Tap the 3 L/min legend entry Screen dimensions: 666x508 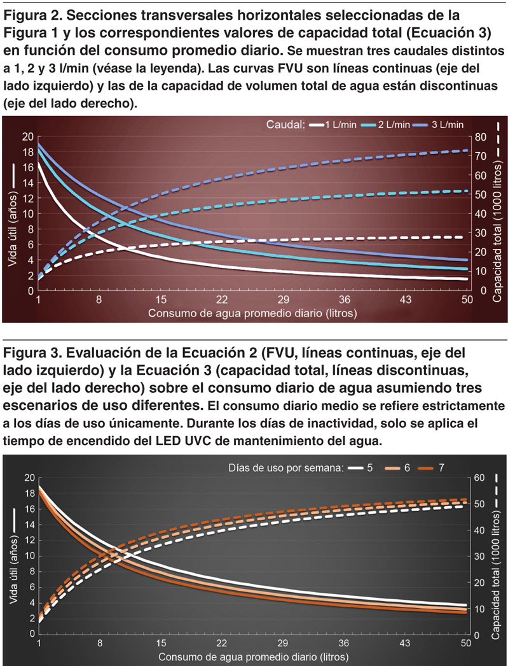pos(449,125)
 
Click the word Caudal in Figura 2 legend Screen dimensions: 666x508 pos(285,125)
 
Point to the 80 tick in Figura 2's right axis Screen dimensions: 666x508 pos(482,136)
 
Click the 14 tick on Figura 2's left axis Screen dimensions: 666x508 pos(27,183)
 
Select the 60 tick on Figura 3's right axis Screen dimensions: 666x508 pos(481,478)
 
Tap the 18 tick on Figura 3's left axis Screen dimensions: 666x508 pos(27,493)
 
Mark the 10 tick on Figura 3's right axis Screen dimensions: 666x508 pos(481,609)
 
